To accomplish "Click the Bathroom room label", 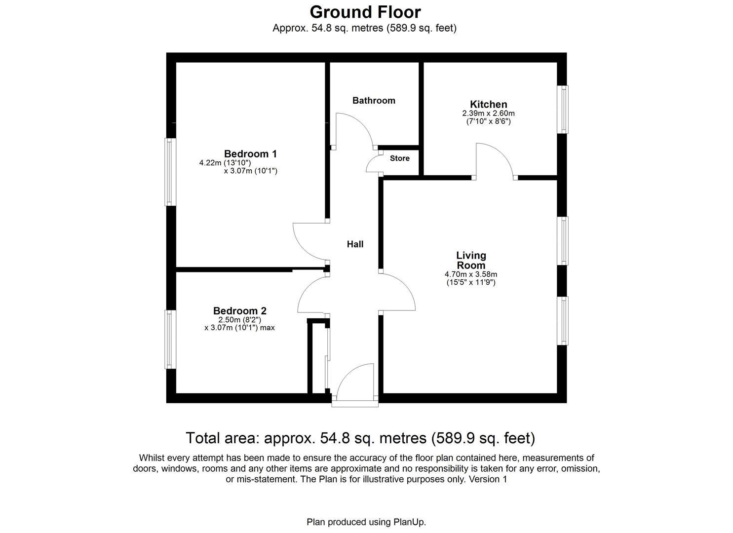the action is (x=374, y=101).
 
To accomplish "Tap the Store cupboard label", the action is (x=399, y=158).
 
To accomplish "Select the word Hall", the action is (x=355, y=244).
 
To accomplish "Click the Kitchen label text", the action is (x=489, y=104).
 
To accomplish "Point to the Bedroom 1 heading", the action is (x=250, y=153).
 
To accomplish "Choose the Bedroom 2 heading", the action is (x=240, y=310).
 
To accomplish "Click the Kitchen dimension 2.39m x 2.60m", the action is (x=488, y=113).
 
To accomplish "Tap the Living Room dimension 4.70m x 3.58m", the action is (x=471, y=274).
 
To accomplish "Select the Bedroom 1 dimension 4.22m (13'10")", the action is (x=225, y=163).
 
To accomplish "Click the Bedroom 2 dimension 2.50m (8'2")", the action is (x=240, y=320).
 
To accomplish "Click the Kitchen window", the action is (x=563, y=110).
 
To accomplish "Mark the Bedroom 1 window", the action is (x=170, y=172).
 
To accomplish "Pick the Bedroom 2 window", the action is (x=170, y=340).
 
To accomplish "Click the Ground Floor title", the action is (x=365, y=12).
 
